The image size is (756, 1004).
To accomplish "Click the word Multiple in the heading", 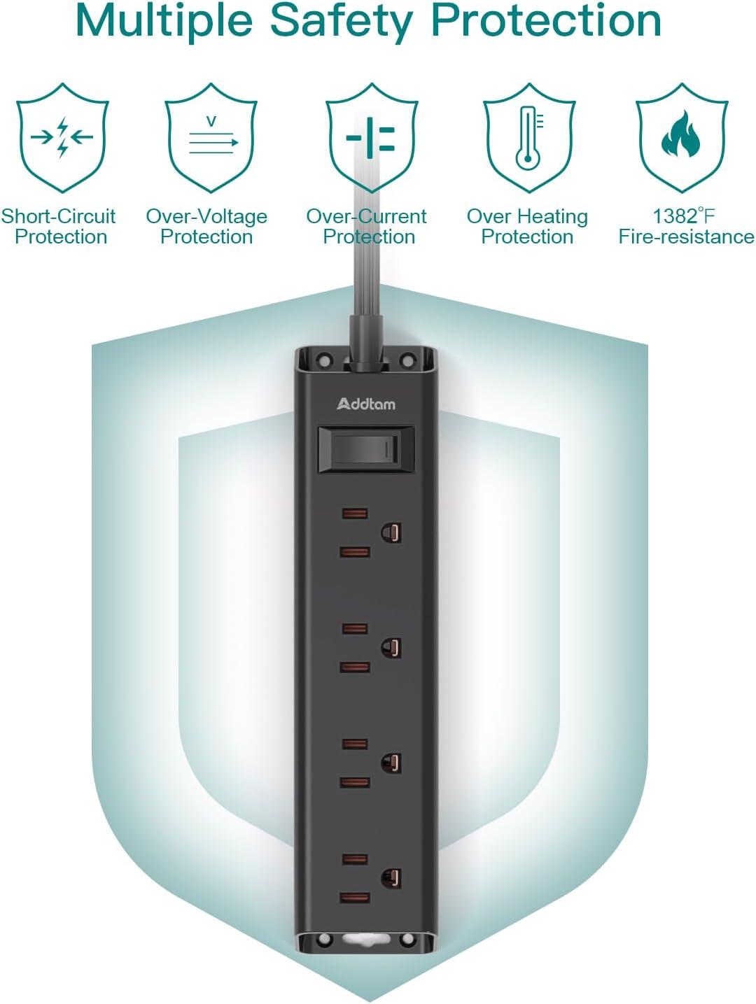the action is coord(164,21).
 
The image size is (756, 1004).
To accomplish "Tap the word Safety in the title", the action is coord(342,21).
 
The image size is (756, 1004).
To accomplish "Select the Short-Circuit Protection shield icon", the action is coord(62,137).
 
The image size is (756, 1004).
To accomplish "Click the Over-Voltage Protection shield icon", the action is coord(211,137).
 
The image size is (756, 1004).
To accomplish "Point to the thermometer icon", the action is coord(529,138).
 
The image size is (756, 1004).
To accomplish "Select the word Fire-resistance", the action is coord(687,237).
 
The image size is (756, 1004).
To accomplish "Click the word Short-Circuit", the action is coord(58,216).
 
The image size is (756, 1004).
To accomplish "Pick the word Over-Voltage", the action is coord(206,217).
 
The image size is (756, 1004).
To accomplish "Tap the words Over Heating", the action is coord(527,217).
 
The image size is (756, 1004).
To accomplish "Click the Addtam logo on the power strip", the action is coord(366,404).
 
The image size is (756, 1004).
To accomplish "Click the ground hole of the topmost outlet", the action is coord(391,532).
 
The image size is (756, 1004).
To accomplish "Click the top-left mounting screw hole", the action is coord(325,361).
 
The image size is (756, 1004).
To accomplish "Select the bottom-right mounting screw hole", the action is coord(407,940).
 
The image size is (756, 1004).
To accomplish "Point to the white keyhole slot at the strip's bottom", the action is coord(366,940).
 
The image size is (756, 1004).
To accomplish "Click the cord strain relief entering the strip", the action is coord(365,341).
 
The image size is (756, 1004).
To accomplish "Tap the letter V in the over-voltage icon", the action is coord(211,122).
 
